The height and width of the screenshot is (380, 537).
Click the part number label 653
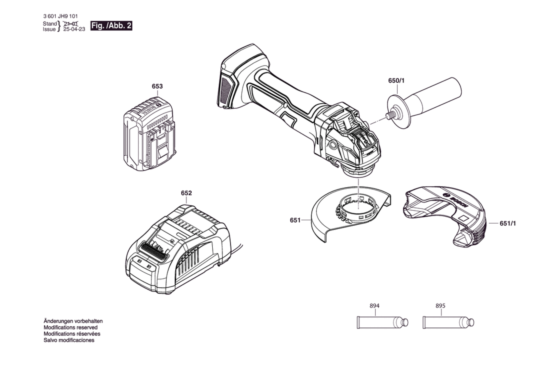157,86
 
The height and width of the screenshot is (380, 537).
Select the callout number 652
186,193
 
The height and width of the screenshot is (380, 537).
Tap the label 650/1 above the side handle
396,81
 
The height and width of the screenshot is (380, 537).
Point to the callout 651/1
508,223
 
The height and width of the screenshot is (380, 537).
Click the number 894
375,306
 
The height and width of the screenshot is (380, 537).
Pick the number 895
440,306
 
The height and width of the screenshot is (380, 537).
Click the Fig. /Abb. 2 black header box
111,26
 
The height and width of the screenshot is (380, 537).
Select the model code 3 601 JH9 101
60,16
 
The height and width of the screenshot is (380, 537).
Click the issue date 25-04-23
74,29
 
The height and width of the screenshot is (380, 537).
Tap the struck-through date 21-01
71,24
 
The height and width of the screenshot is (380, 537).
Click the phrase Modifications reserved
70,327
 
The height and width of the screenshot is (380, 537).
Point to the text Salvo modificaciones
69,340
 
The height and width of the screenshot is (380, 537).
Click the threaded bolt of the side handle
390,115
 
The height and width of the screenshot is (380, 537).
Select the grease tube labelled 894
382,322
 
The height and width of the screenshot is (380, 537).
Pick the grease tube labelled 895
448,322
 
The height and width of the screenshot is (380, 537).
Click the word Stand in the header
50,24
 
